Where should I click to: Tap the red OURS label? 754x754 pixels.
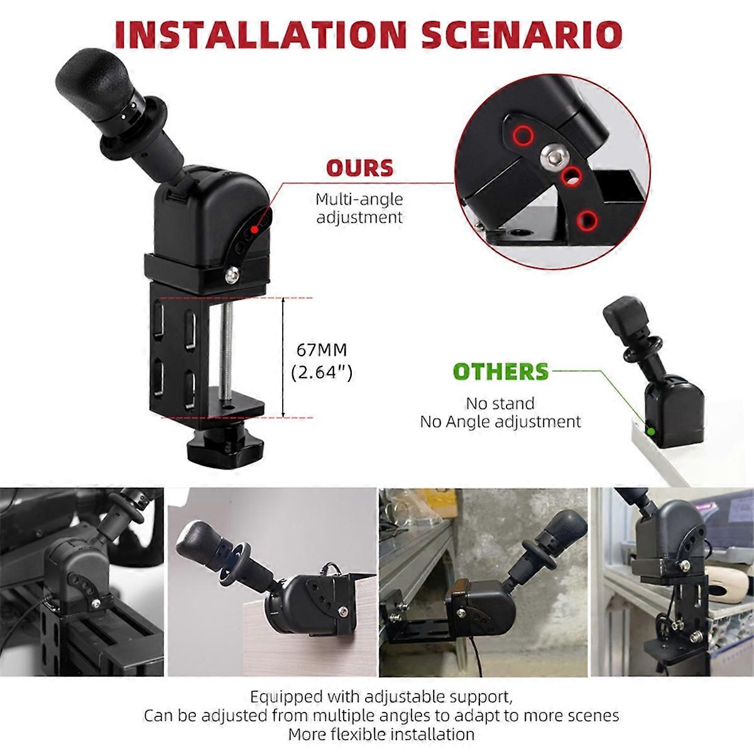[x=359, y=168]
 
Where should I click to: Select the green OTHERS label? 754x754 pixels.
[x=501, y=372]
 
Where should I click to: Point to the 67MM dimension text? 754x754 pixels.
[x=321, y=350]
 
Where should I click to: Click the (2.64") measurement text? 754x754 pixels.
[x=322, y=372]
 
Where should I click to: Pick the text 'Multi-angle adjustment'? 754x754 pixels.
[x=359, y=209]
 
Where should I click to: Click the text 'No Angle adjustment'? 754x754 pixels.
[x=500, y=421]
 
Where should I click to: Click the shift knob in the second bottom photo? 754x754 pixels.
[x=200, y=542]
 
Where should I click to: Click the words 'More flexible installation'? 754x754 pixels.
[x=381, y=734]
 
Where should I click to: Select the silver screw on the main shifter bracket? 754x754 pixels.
[x=233, y=273]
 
